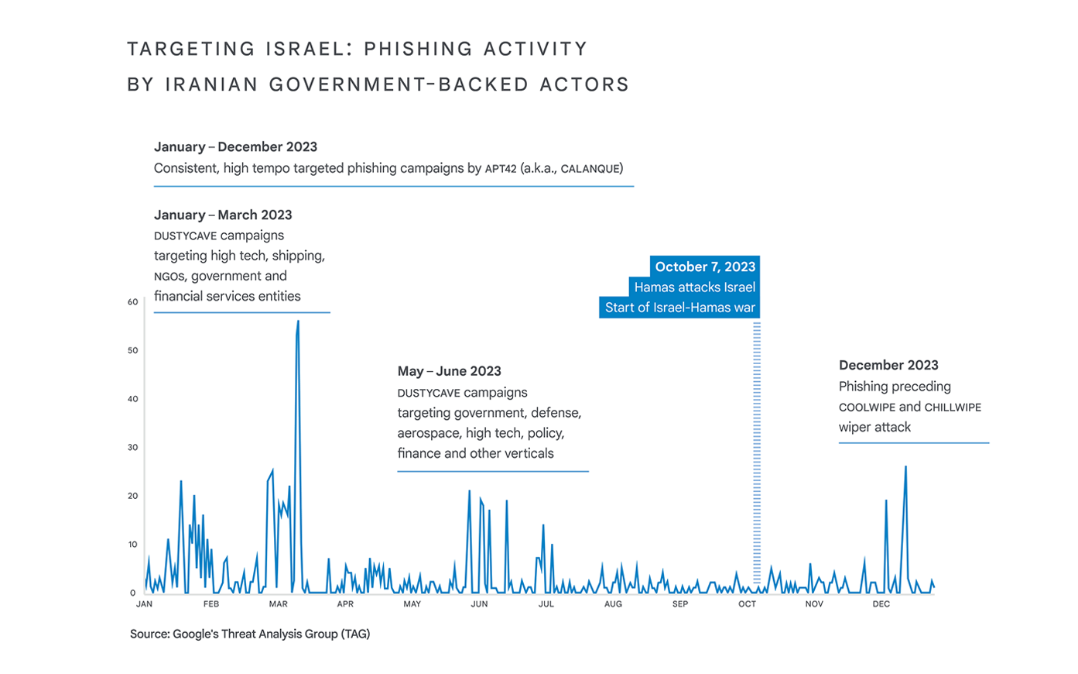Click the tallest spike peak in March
coord(298,322)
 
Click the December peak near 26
coord(905,467)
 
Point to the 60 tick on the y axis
coord(133,302)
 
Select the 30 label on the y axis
coord(133,448)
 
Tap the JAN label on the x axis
coord(144,604)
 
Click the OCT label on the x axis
coord(747,604)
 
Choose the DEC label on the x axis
coord(881,604)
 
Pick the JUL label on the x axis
coord(546,604)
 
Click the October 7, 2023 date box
coord(704,267)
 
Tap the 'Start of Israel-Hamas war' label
coord(679,308)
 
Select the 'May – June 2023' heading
coord(449,371)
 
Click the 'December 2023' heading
coord(888,365)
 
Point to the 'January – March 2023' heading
coord(223,215)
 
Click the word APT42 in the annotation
coord(501,169)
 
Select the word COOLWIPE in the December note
coord(867,407)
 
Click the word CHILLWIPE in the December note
coord(953,407)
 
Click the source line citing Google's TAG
coord(250,634)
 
